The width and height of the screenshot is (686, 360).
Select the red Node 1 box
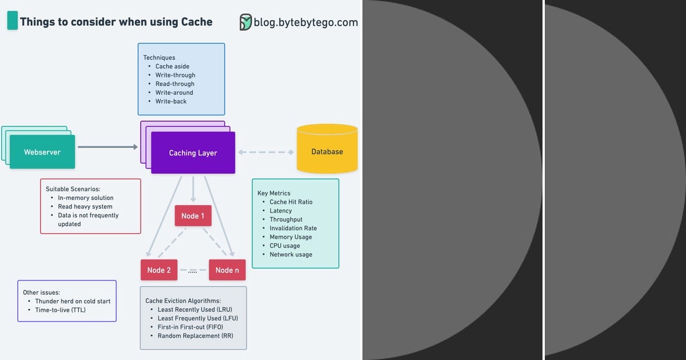click(x=193, y=216)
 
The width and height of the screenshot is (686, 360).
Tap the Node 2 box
click(x=159, y=270)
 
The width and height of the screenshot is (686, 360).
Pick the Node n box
click(x=227, y=270)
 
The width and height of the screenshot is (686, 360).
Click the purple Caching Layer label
click(x=193, y=153)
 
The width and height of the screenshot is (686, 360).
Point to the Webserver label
click(x=42, y=152)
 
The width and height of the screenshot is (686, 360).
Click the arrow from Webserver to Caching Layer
click(x=107, y=147)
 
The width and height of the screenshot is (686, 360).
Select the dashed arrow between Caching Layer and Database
click(x=266, y=152)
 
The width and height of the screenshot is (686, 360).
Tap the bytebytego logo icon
click(x=245, y=22)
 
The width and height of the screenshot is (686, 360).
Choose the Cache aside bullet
click(x=172, y=66)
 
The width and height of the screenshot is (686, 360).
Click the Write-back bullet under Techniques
click(x=171, y=101)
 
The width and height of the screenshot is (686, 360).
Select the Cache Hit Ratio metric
click(x=291, y=202)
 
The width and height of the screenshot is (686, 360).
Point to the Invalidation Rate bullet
click(x=293, y=228)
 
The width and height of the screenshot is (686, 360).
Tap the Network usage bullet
click(x=290, y=254)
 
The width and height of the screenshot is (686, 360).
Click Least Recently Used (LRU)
click(x=198, y=310)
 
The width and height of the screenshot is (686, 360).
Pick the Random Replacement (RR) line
click(x=195, y=336)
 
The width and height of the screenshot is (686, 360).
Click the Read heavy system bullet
click(x=85, y=206)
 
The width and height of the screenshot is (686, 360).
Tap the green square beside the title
click(x=12, y=22)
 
